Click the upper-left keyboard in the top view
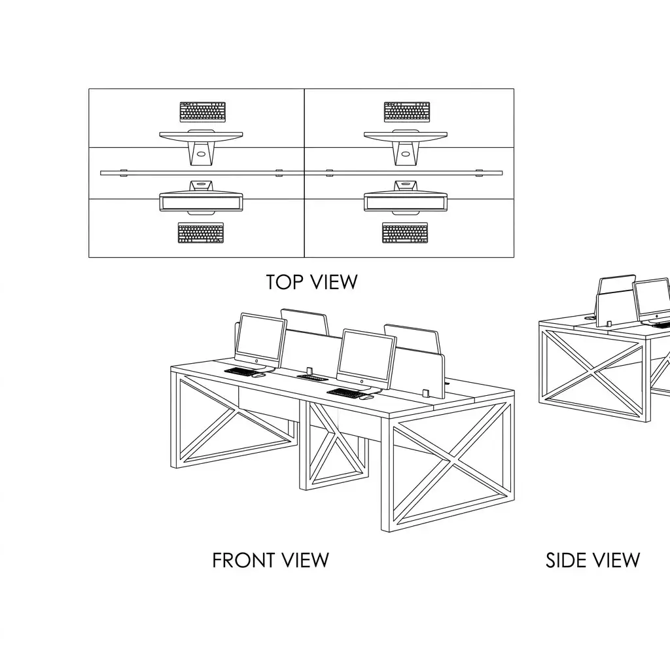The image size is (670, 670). click(x=203, y=111)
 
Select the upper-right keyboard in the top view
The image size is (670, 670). click(x=407, y=111)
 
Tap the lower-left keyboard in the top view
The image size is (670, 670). click(x=201, y=233)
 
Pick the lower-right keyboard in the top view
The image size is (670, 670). click(x=405, y=233)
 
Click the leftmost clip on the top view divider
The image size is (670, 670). click(x=124, y=173)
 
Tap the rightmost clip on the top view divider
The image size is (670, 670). click(x=479, y=173)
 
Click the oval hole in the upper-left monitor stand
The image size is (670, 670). click(x=202, y=154)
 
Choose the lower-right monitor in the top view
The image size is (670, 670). click(x=406, y=198)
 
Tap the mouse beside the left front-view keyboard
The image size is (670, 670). click(x=258, y=375)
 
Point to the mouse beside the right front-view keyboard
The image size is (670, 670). click(x=366, y=397)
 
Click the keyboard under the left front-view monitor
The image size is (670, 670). click(x=241, y=372)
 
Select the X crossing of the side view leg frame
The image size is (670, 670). click(x=593, y=372)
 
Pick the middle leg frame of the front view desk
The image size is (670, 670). click(x=333, y=444)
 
